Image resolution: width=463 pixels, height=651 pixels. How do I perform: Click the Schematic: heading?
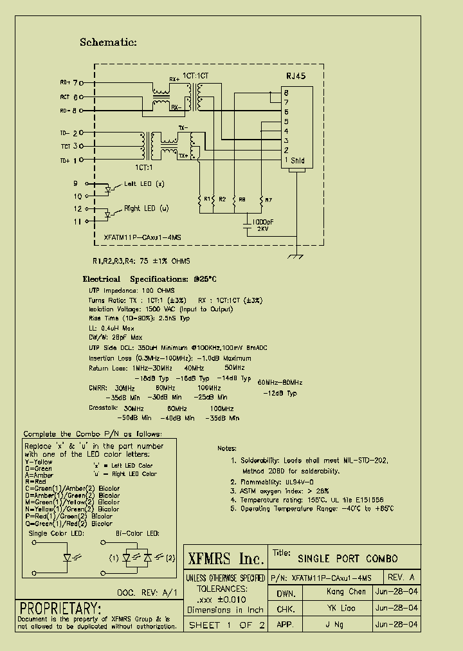pos(108,42)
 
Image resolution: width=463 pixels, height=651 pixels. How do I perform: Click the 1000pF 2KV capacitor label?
pos(260,225)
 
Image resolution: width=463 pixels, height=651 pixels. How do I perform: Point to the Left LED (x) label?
pos(143,185)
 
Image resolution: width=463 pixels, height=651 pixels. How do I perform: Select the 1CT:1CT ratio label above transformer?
pos(197,76)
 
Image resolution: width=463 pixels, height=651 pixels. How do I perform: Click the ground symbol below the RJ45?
pos(296,257)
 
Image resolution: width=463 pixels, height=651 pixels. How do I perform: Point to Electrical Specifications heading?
pos(149,279)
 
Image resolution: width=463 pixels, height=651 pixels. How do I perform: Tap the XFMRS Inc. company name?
pos(225,558)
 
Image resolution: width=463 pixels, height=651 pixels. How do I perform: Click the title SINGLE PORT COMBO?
pos(347,558)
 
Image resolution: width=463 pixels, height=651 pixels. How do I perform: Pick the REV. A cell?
pos(402,577)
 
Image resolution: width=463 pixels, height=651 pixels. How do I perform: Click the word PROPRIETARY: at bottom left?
pos(60,608)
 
